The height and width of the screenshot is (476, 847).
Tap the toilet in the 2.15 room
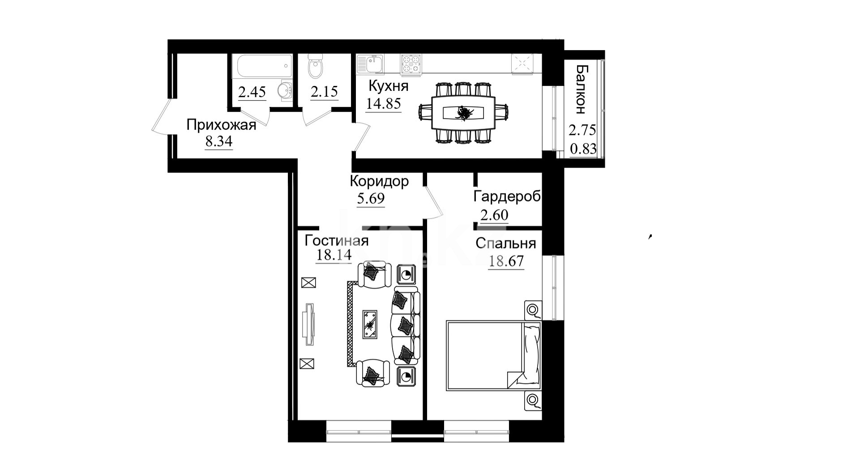tap(316, 66)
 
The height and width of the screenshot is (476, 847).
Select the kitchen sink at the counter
tap(370, 63)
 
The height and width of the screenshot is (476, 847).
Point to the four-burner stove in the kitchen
tap(411, 63)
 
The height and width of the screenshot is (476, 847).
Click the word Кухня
tap(388, 85)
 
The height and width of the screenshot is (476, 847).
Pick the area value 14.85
tap(383, 104)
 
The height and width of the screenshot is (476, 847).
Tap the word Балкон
tap(581, 89)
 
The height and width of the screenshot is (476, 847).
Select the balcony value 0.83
tap(583, 149)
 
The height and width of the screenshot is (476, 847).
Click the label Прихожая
tap(221, 125)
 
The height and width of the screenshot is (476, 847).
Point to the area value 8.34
tap(219, 142)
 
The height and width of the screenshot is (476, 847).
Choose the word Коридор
tap(379, 181)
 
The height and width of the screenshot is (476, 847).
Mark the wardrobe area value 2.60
tap(494, 215)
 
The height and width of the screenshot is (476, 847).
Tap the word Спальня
tap(506, 243)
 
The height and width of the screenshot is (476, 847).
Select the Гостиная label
tap(337, 241)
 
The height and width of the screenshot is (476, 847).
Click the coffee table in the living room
tap(370, 324)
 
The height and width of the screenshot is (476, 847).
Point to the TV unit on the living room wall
tap(308, 324)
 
